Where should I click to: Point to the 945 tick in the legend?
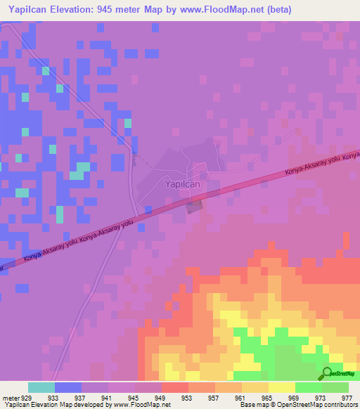(x=134, y=397)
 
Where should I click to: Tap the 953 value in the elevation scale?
(x=188, y=397)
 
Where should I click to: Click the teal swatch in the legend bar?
(x=41, y=387)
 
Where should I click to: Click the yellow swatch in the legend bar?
(x=281, y=387)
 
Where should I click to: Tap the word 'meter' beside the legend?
(x=10, y=397)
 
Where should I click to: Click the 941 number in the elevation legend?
(x=108, y=397)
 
